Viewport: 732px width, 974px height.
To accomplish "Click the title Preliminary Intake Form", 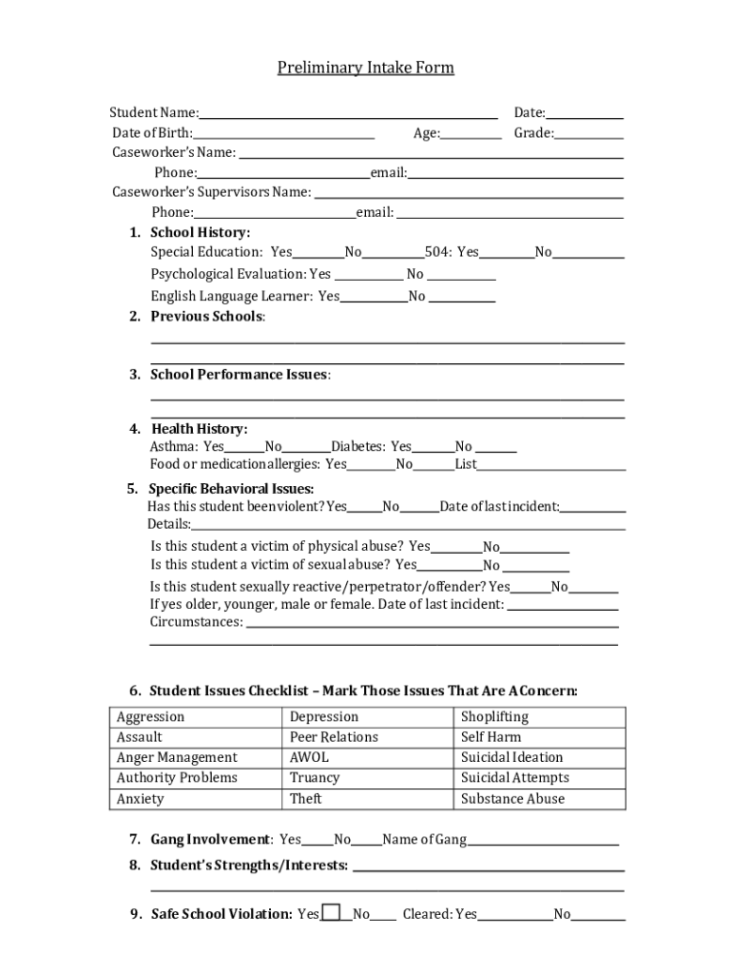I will (365, 68).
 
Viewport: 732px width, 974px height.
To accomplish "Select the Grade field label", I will (533, 133).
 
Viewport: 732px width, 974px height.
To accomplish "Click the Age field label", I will (426, 133).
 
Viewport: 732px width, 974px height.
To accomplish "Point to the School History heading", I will (200, 233).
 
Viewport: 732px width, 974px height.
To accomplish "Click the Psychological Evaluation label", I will (229, 274).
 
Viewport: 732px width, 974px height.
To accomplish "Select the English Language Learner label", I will (231, 296).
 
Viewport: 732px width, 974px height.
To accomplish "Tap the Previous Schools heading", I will (206, 317).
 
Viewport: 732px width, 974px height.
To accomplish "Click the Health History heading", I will (199, 429).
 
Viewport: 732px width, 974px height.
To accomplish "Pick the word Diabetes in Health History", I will (358, 446).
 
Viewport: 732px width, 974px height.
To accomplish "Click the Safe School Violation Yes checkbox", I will (331, 913).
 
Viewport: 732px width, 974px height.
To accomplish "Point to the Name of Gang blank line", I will (543, 841).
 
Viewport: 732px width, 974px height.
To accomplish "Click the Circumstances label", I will (195, 622).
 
